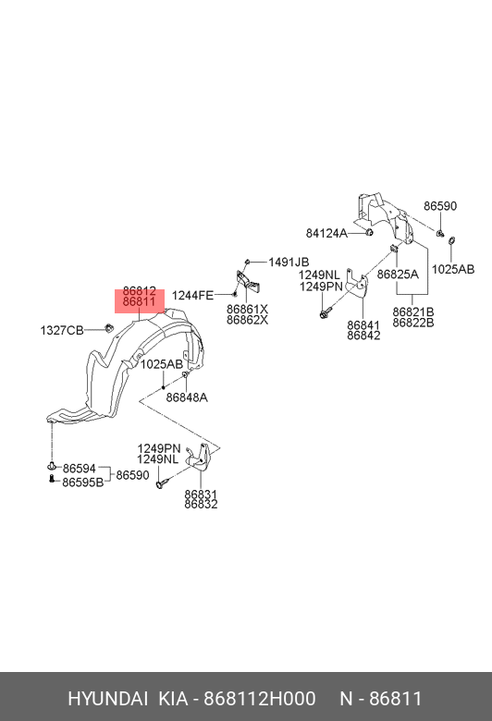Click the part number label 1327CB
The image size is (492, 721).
click(x=62, y=330)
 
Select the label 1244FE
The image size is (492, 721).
click(x=193, y=295)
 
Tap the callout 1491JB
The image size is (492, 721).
click(x=289, y=263)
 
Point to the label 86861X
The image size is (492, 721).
click(x=247, y=309)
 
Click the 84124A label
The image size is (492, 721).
click(x=326, y=233)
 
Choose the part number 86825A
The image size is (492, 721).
click(x=398, y=274)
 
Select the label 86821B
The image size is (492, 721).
click(x=413, y=312)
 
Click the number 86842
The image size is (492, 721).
click(x=363, y=336)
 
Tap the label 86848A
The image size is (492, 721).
click(x=187, y=397)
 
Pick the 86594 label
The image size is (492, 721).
click(x=80, y=469)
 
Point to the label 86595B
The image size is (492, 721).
click(x=83, y=483)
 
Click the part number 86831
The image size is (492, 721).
click(x=201, y=494)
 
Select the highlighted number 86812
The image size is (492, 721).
click(x=140, y=291)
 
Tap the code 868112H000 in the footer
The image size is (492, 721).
click(x=260, y=699)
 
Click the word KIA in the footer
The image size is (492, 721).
click(x=173, y=699)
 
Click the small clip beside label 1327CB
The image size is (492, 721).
click(x=109, y=329)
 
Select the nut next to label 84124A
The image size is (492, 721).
click(x=369, y=232)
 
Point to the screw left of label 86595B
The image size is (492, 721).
click(x=52, y=479)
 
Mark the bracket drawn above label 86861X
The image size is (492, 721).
click(x=248, y=281)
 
